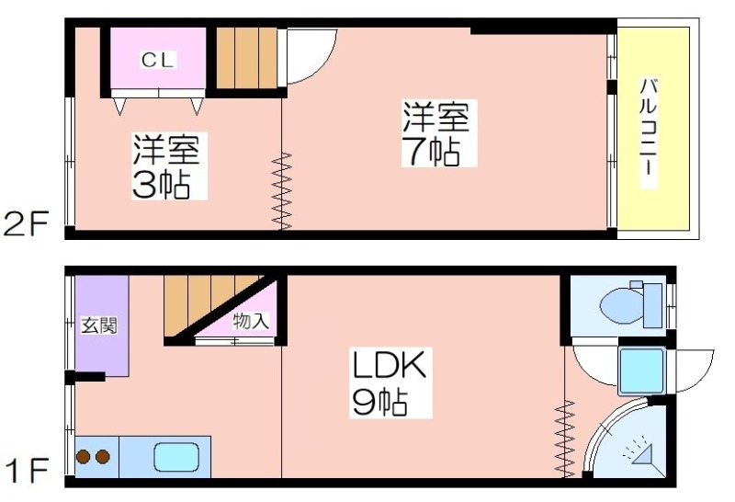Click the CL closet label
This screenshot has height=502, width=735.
click(x=157, y=60)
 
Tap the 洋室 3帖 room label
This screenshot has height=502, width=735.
click(x=167, y=166)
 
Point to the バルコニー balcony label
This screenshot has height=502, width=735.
click(x=649, y=133)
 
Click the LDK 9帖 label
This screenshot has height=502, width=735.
click(x=390, y=382)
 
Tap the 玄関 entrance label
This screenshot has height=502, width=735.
click(x=99, y=325)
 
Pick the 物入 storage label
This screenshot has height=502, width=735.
click(x=251, y=322)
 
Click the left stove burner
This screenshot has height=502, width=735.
click(x=85, y=457)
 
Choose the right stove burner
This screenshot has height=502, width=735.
click(x=103, y=457)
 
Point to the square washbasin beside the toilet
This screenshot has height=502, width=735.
click(x=641, y=371)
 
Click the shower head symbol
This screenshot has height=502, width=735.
click(x=640, y=451)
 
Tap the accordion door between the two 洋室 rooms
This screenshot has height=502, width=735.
click(x=282, y=191)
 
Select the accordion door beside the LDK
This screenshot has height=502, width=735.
click(x=565, y=439)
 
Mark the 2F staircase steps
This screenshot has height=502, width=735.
click(x=246, y=58)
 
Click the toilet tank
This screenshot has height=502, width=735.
click(x=652, y=306)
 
